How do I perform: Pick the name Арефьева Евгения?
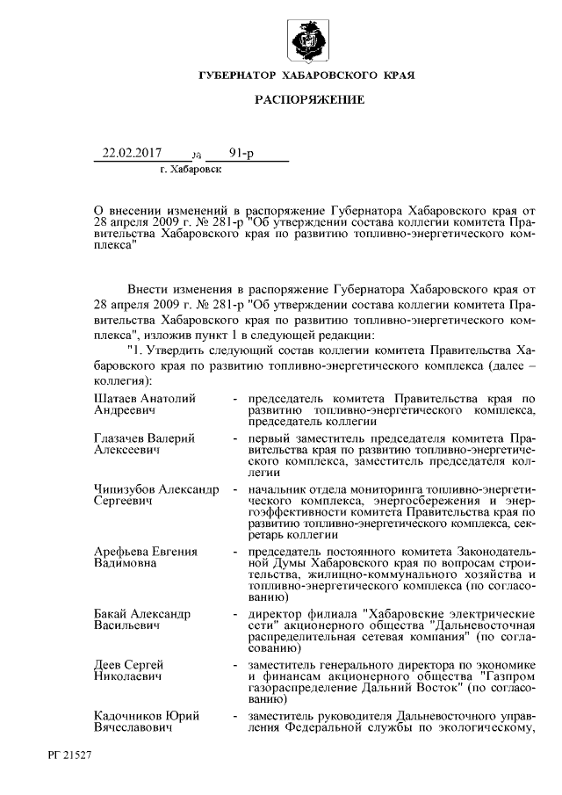coord(145,551)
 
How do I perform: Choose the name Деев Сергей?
coord(128,664)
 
